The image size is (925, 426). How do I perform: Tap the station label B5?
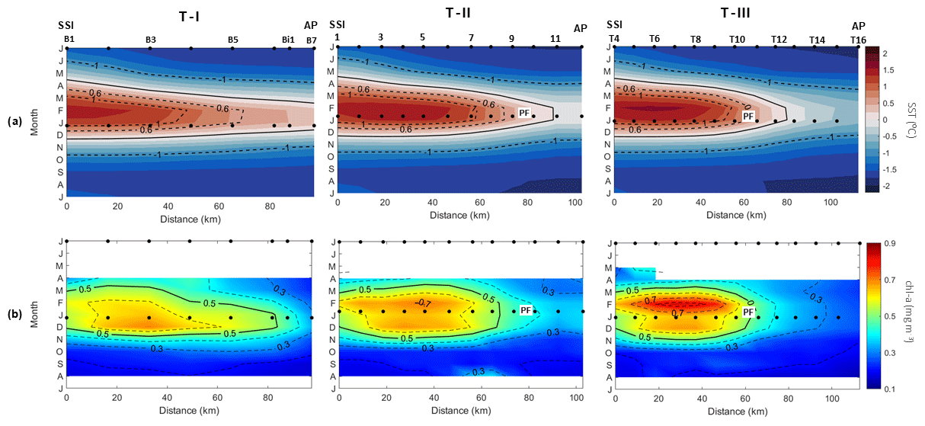click(x=232, y=40)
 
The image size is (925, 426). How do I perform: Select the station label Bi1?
click(x=288, y=40)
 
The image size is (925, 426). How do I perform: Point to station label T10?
click(x=737, y=40)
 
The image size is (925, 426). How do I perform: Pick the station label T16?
click(x=858, y=40)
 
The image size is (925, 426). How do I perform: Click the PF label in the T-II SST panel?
click(x=524, y=113)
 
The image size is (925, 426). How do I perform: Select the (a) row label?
click(x=14, y=121)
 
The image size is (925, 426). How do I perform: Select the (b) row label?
click(x=14, y=314)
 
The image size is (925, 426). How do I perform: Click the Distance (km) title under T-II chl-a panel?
click(x=459, y=411)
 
